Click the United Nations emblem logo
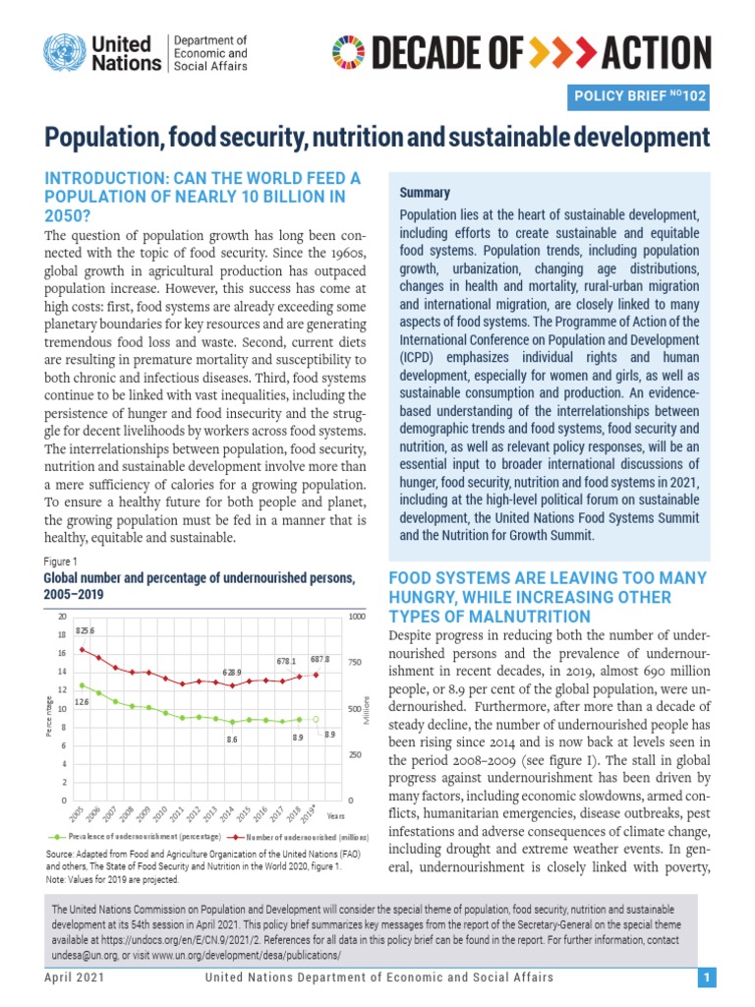pos(62,52)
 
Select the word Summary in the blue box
pos(424,193)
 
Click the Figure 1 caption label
pos(60,561)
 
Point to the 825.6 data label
pos(86,629)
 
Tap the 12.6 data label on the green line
pos(82,702)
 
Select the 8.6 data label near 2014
pos(232,738)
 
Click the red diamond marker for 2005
pos(83,649)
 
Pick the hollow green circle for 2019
pos(316,719)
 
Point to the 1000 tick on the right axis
pos(355,617)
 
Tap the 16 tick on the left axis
pos(63,653)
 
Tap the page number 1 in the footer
pos(706,977)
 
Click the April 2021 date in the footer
pos(75,977)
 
